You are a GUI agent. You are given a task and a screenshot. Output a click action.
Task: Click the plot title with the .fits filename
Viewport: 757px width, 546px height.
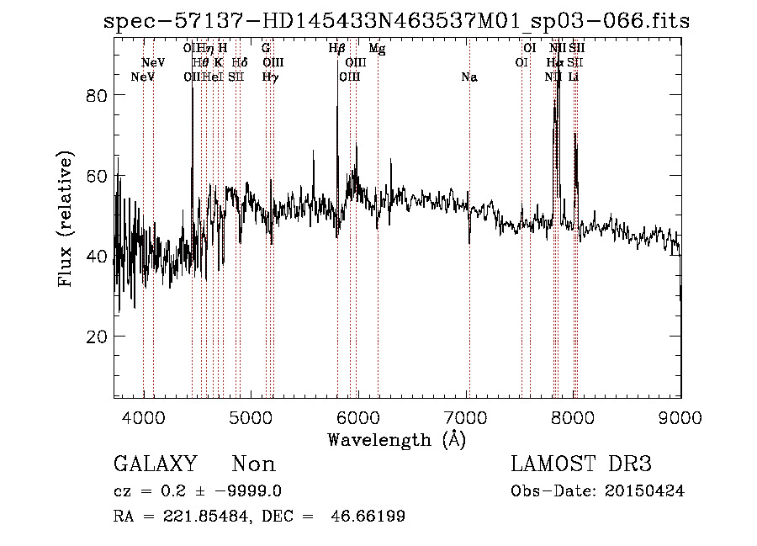396,21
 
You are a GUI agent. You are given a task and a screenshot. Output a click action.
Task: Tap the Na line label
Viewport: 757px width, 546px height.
469,77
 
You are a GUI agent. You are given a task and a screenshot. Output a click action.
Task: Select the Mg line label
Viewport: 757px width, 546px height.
378,50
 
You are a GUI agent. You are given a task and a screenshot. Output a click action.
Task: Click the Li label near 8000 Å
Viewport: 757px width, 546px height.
574,77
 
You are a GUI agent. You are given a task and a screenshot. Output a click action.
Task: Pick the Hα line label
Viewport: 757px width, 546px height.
555,63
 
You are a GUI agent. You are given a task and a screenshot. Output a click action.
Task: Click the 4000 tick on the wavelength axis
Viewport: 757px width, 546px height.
144,419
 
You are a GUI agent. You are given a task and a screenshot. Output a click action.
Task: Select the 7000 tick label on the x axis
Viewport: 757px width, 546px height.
468,419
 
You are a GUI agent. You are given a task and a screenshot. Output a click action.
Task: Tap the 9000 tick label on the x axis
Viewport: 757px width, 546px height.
680,419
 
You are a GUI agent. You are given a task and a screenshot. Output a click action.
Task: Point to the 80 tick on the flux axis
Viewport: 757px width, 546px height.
100,95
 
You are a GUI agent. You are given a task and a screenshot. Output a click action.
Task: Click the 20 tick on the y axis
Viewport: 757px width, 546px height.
100,337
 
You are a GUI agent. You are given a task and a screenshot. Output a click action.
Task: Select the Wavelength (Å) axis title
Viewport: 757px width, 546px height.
396,439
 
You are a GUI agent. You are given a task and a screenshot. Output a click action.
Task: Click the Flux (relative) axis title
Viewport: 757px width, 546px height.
66,219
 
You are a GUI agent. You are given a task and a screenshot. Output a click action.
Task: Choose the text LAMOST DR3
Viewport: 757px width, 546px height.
581,464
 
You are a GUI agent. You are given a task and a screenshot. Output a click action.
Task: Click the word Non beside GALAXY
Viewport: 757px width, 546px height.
254,464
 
